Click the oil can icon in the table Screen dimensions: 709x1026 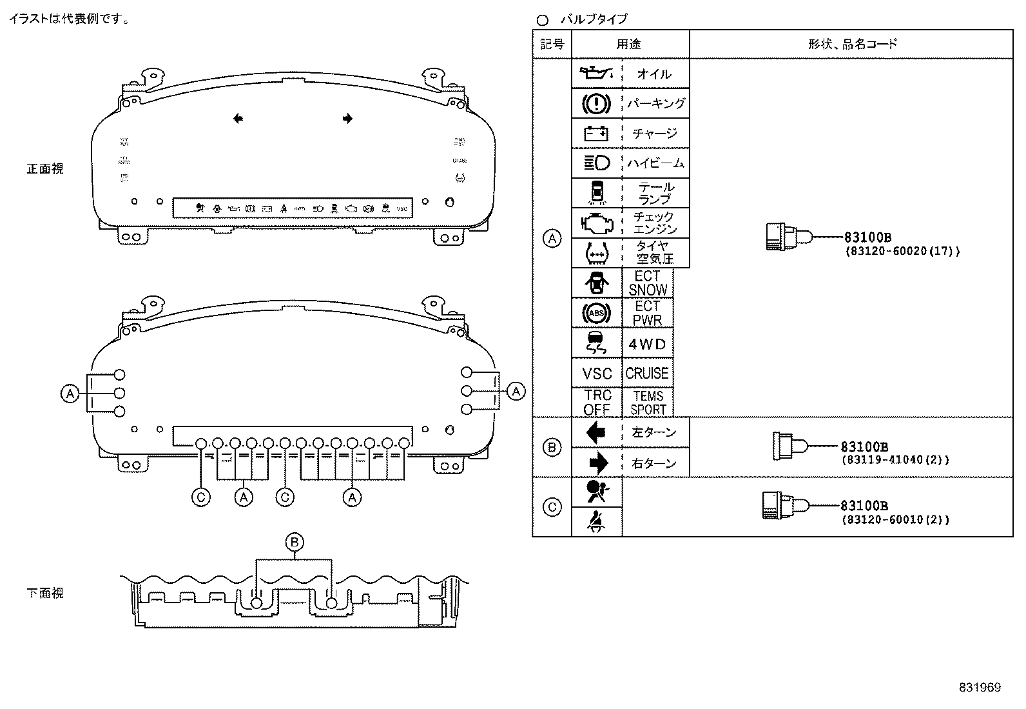596,73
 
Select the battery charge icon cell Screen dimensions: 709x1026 596,133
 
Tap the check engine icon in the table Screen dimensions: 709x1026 596,223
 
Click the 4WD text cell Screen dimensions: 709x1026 647,345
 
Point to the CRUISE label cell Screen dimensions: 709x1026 647,374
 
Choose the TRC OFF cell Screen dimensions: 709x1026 597,403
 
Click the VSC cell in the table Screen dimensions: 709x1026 597,374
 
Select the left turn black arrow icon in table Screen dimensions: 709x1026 596,432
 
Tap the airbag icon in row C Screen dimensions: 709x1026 596,492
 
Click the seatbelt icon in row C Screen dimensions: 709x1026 596,521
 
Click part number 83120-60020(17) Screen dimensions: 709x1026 902,252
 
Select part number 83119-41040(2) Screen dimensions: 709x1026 895,460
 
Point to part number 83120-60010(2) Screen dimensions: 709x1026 895,519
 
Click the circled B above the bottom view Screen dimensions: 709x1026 295,542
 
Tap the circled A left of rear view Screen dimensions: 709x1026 70,393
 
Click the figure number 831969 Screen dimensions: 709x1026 979,688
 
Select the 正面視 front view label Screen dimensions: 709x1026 45,169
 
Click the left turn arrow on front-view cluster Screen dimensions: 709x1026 238,118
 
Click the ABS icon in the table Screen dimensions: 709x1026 596,314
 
